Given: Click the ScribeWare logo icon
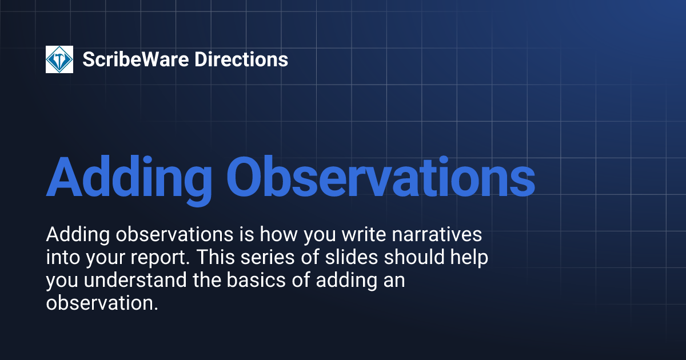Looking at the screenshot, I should click(x=59, y=59).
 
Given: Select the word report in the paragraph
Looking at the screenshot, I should click(x=163, y=258).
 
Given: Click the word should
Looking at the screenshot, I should click(x=414, y=258).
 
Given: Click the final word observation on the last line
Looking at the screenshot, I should click(x=101, y=303).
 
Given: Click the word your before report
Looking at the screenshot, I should click(x=107, y=258).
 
